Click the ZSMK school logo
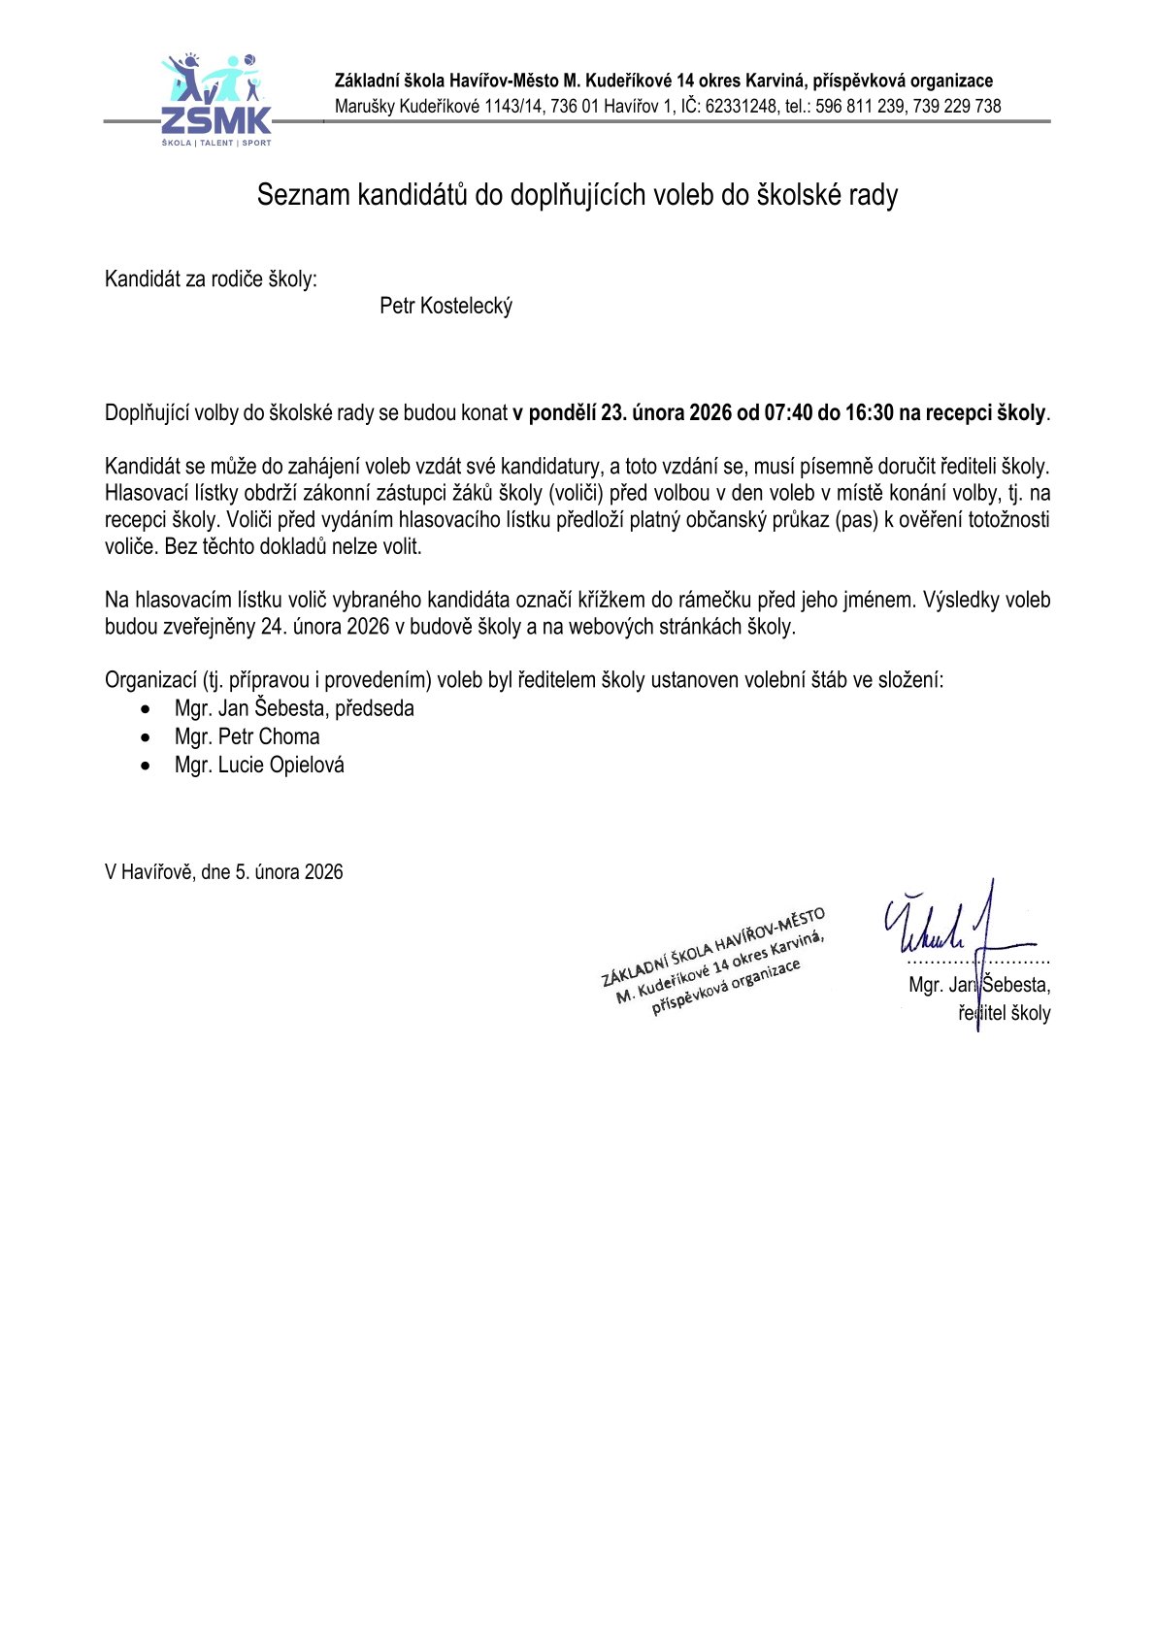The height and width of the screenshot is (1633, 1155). [x=215, y=101]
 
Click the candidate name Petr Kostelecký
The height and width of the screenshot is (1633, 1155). [x=445, y=307]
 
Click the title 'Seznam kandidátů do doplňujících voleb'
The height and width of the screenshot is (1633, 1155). [x=577, y=195]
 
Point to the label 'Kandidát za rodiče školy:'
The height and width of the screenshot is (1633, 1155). [x=211, y=279]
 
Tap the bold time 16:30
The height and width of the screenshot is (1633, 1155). [x=869, y=412]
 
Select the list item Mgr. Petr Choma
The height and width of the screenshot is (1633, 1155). [x=247, y=737]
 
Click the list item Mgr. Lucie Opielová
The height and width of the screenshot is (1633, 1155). [x=259, y=766]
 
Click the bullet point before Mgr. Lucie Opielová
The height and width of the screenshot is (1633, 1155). [x=146, y=767]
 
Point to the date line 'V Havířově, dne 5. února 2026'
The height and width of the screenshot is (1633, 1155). [x=223, y=872]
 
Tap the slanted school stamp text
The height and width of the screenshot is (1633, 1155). [x=713, y=960]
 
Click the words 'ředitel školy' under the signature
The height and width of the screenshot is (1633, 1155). [x=1005, y=1014]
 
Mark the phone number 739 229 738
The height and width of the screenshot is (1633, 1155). [x=956, y=107]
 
